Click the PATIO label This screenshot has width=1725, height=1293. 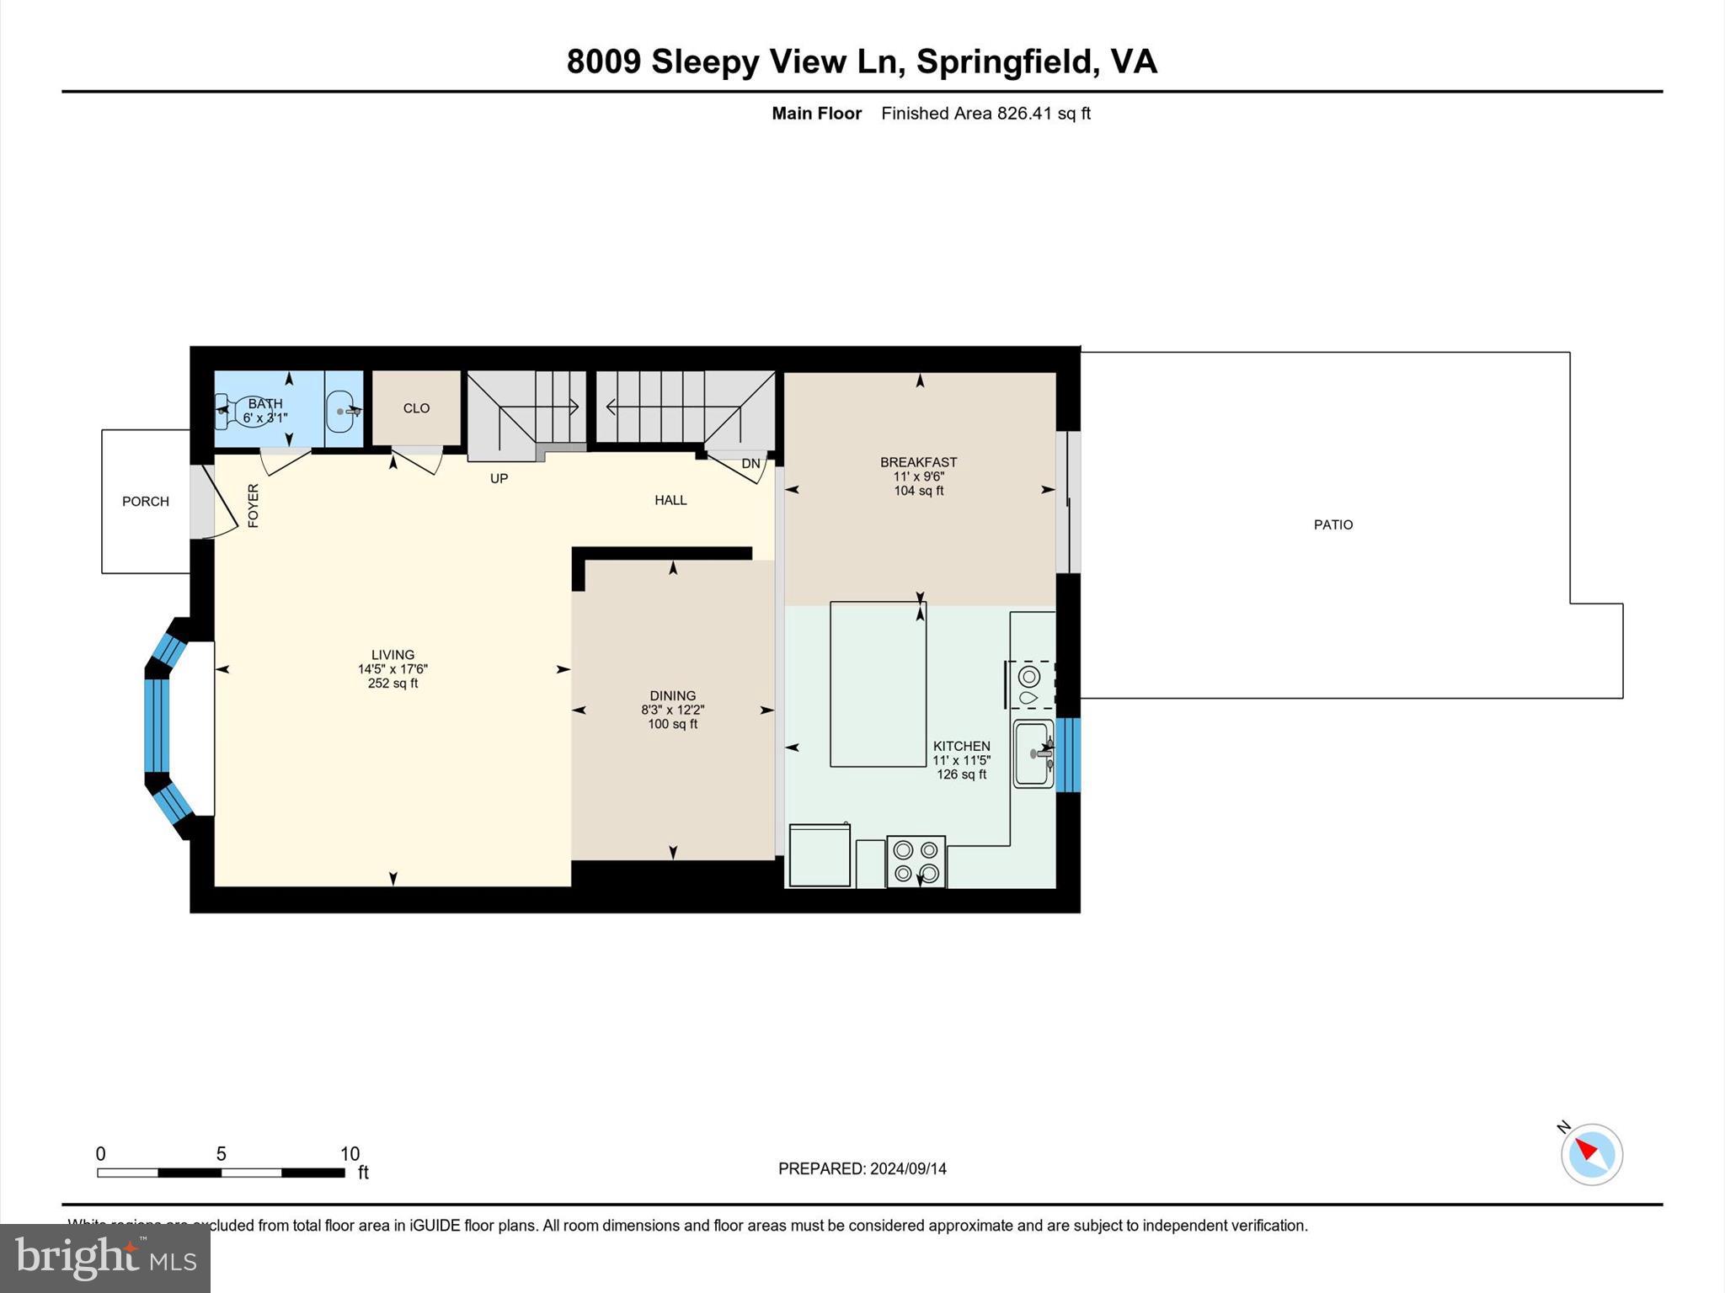[x=1332, y=524]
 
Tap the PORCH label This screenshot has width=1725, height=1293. [x=146, y=501]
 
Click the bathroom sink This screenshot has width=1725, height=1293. [x=340, y=411]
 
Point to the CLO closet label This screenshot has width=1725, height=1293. [x=416, y=408]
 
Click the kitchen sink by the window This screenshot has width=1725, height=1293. [x=1033, y=753]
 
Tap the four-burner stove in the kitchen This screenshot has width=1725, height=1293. [x=916, y=861]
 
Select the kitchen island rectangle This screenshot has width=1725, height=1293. [x=878, y=684]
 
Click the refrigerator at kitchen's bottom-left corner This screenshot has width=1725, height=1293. [x=819, y=855]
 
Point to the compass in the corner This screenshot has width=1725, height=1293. [x=1591, y=1154]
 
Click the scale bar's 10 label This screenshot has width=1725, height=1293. [x=350, y=1153]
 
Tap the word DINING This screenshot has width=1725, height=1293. [x=672, y=695]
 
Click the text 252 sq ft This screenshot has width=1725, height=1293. [x=393, y=684]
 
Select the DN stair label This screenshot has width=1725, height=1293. [x=750, y=464]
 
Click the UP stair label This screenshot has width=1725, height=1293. [x=499, y=478]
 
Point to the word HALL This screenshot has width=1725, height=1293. [x=670, y=500]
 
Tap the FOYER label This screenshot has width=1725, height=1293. [x=253, y=505]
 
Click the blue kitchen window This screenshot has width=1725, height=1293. [x=1068, y=754]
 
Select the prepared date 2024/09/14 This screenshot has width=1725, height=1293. [x=907, y=1168]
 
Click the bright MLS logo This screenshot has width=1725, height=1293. [x=105, y=1258]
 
